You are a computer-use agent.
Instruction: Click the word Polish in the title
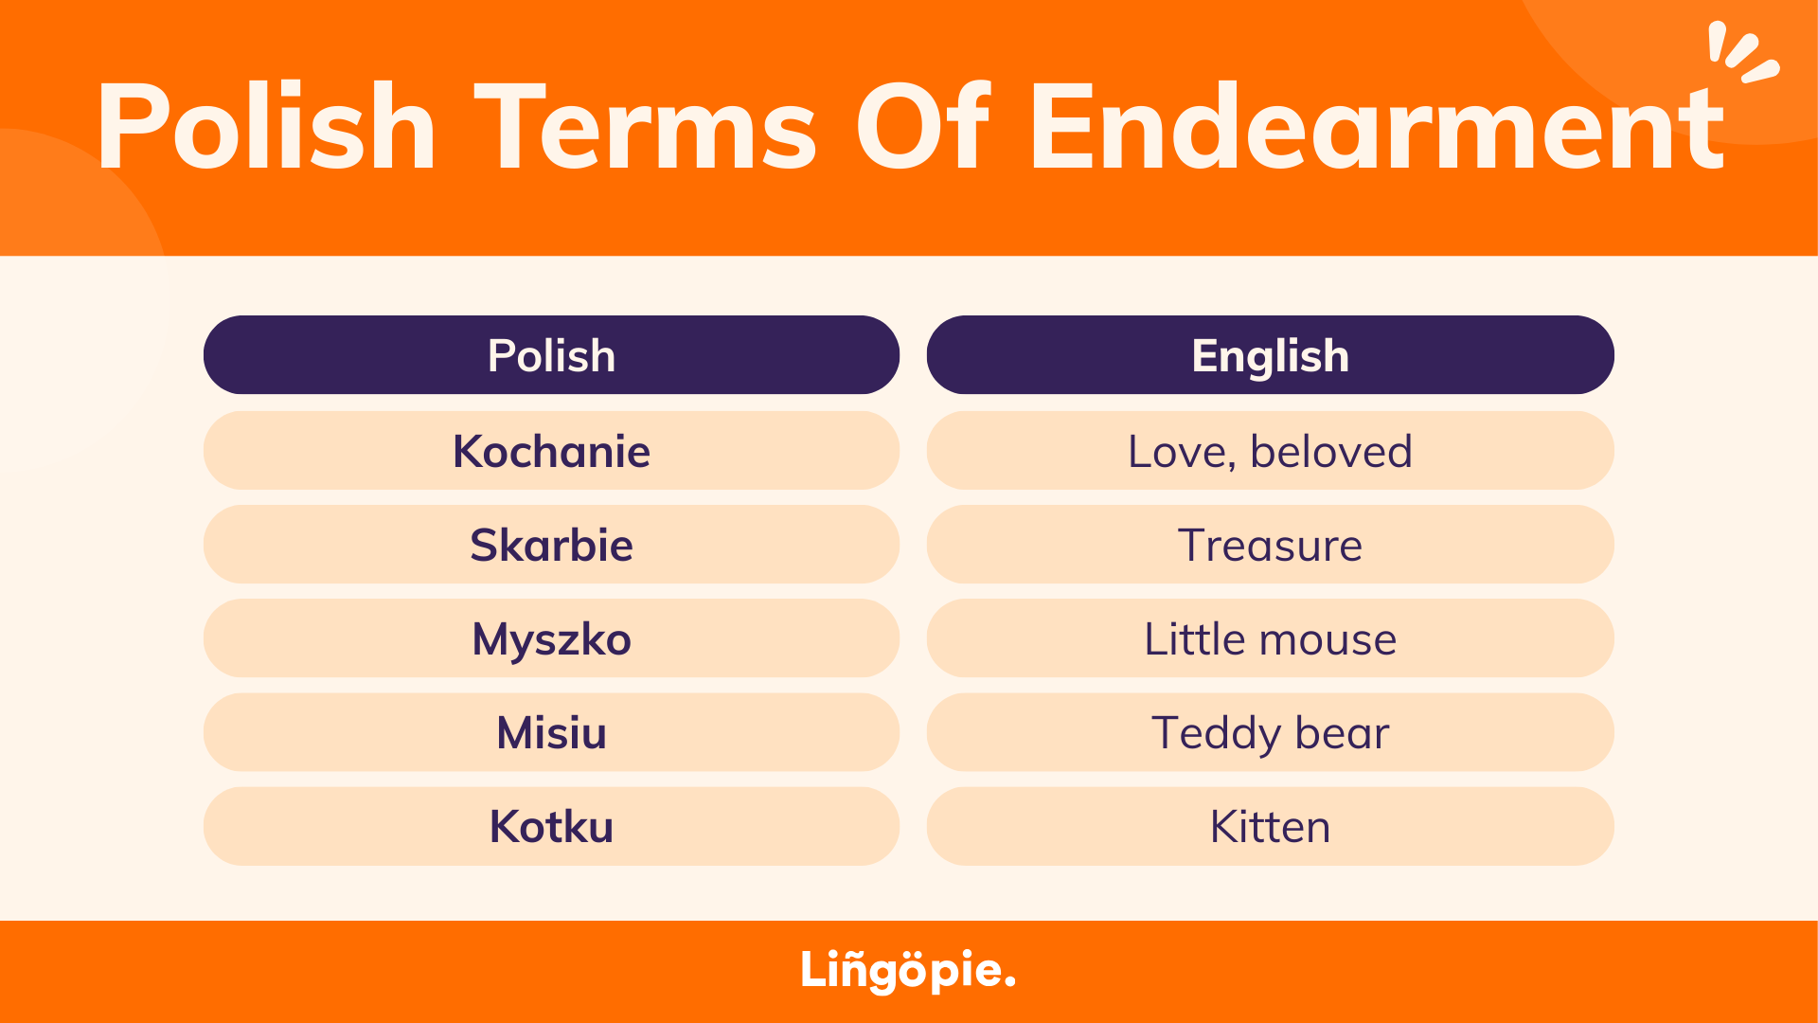coord(266,126)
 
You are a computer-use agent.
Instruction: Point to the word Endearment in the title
coord(1378,126)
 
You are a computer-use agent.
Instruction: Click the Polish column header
coord(551,355)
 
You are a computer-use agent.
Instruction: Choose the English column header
coord(1271,355)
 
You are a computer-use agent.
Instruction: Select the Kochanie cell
coord(551,450)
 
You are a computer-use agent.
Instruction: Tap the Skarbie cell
coord(551,544)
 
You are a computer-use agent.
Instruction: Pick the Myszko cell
coord(551,637)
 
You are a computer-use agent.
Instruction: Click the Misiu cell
coord(551,731)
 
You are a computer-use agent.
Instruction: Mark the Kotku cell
coord(551,826)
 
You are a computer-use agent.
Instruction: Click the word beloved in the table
coord(1330,451)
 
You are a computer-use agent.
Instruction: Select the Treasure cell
coord(1271,544)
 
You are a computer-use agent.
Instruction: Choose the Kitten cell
coord(1271,826)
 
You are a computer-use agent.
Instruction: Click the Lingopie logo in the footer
coord(908,970)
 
